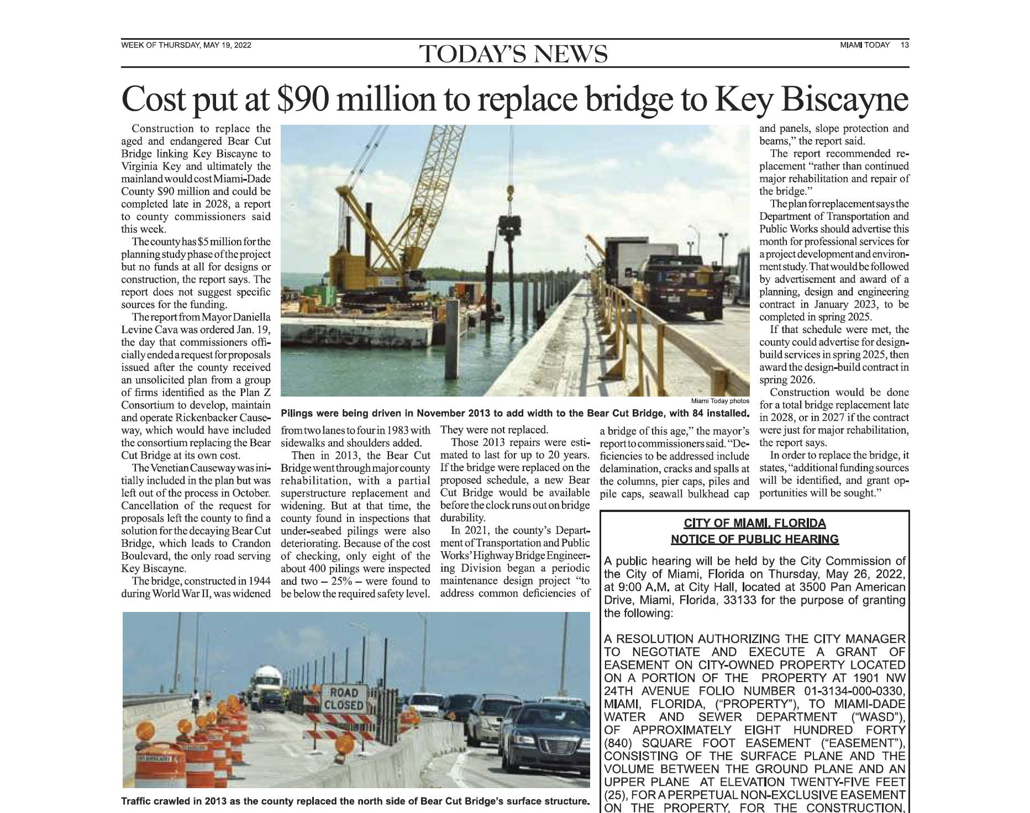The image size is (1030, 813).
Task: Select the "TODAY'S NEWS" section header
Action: (x=514, y=54)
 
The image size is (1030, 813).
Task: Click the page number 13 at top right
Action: (x=904, y=45)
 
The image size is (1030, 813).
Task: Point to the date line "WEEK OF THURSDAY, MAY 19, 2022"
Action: (x=186, y=45)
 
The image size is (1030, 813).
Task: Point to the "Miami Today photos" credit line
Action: (x=720, y=401)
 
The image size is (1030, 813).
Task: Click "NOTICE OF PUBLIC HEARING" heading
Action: (x=754, y=539)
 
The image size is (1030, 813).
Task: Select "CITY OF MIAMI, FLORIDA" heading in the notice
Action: (x=754, y=524)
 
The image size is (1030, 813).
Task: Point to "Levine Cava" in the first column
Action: (x=147, y=330)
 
